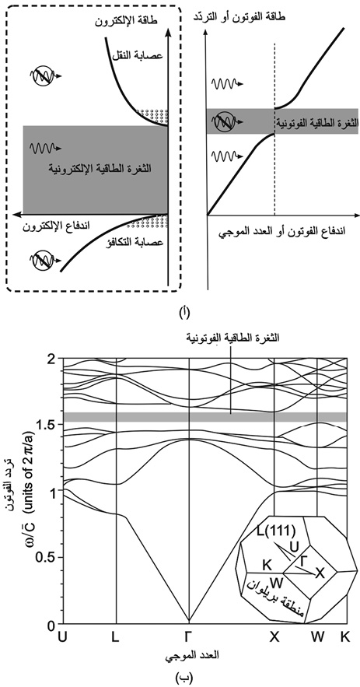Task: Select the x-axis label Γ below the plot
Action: pyautogui.click(x=189, y=636)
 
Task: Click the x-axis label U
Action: pyautogui.click(x=63, y=636)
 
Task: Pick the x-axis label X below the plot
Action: pyautogui.click(x=274, y=636)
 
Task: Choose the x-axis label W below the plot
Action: pyautogui.click(x=317, y=636)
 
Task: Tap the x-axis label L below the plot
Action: pyautogui.click(x=115, y=636)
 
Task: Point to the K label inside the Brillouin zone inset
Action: pyautogui.click(x=267, y=565)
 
